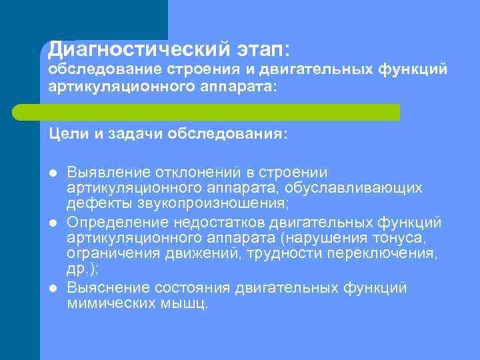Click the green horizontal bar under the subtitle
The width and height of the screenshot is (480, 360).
[x=220, y=111]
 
